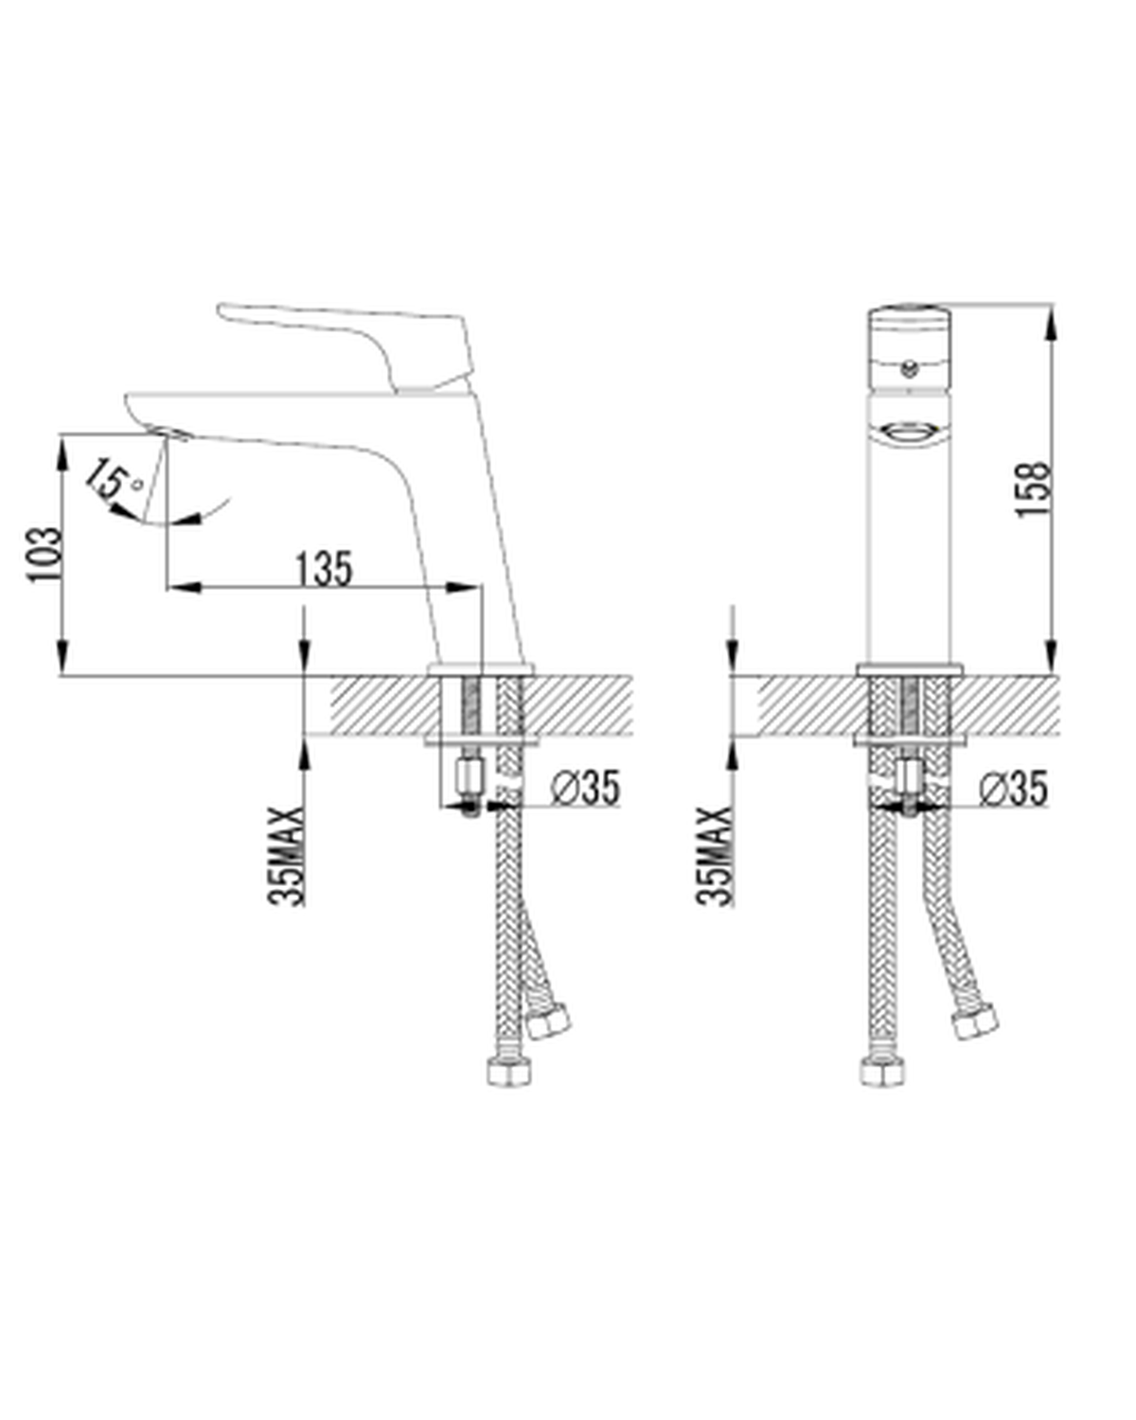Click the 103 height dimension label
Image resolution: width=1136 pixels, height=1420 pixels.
tap(44, 555)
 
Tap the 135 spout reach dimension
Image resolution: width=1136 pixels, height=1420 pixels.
tap(324, 569)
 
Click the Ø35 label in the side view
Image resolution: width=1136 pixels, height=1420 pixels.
tap(586, 788)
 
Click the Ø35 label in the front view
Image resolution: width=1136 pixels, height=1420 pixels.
tap(1013, 788)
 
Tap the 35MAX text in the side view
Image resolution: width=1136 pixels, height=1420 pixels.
tap(287, 857)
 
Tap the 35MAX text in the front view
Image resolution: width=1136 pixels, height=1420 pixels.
tap(714, 857)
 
